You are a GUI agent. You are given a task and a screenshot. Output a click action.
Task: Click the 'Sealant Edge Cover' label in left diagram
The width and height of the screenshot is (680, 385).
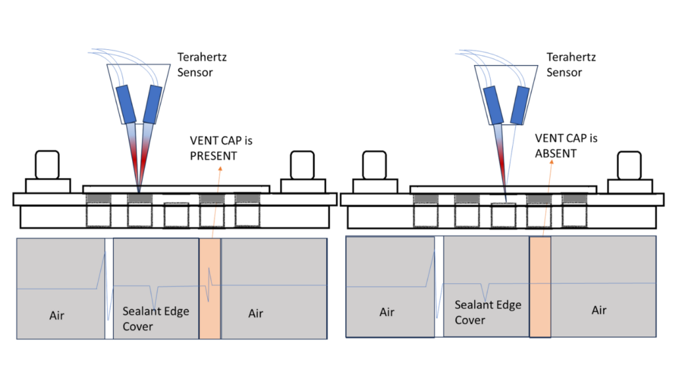pos(155,319)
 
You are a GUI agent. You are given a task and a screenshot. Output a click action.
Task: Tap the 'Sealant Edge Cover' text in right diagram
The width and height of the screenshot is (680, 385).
pos(487,312)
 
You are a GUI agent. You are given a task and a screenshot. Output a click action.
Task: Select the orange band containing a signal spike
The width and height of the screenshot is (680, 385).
pos(210,289)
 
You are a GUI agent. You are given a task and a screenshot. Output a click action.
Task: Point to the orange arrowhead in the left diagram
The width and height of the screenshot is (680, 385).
pos(220,169)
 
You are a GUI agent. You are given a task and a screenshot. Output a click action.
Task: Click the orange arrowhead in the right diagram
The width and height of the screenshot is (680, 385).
pos(551,163)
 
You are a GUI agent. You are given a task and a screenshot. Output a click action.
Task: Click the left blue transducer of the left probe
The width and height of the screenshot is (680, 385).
pos(126,104)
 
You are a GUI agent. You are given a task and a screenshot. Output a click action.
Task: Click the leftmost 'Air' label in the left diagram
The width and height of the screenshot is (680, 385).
pos(57,315)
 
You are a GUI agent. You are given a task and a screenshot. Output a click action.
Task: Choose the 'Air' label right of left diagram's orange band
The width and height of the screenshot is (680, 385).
pos(256,313)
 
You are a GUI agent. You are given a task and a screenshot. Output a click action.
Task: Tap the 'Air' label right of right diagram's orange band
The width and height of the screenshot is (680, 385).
pos(599,310)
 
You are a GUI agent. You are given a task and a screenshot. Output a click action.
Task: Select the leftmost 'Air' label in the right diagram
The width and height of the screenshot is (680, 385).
pos(387,312)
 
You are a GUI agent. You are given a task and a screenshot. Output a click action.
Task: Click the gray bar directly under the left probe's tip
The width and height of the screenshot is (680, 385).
pos(139,198)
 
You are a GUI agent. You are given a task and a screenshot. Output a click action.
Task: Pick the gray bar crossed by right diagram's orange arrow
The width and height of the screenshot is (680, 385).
pos(539,198)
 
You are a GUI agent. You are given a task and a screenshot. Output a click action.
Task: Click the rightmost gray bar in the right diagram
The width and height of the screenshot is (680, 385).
pos(574,198)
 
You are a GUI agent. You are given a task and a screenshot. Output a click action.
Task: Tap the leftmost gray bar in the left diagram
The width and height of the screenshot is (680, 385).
pos(98,198)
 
